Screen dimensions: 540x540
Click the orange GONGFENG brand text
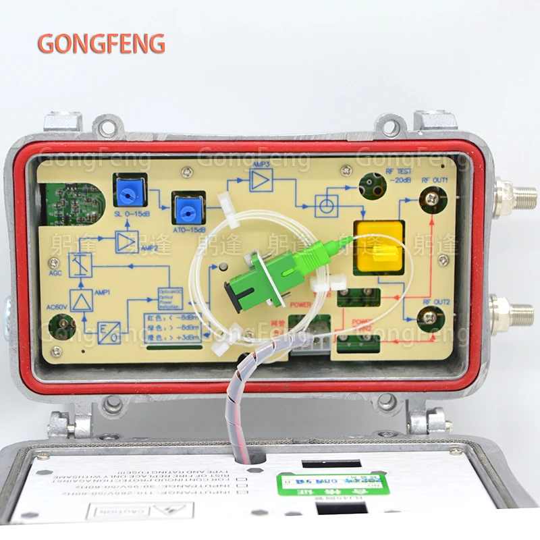click(x=101, y=43)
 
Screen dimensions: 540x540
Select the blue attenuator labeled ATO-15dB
click(x=189, y=208)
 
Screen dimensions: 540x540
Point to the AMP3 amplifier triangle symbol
click(x=261, y=180)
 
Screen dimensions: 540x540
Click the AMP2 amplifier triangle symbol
click(x=126, y=242)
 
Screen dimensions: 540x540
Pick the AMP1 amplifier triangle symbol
click(x=82, y=299)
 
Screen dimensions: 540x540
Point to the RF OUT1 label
click(x=435, y=180)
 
